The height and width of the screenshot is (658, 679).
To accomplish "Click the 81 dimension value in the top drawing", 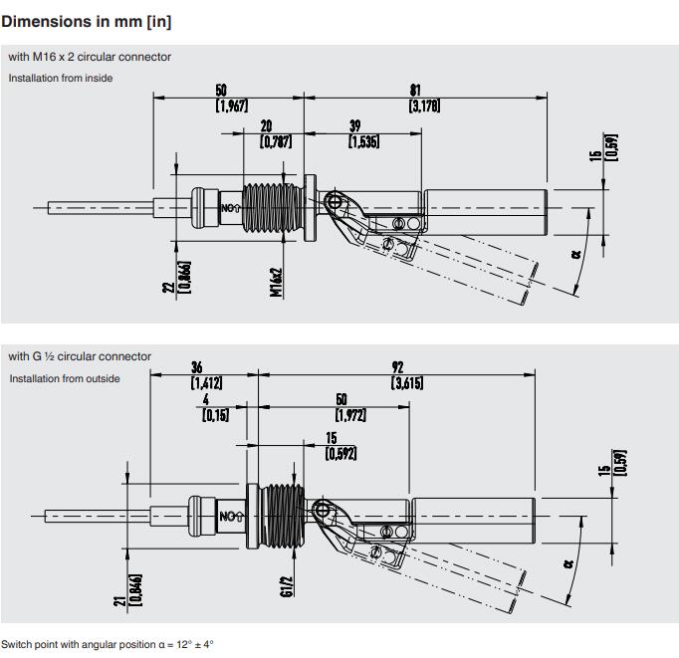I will point(415,91).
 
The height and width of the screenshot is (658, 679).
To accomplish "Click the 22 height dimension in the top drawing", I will point(169,286).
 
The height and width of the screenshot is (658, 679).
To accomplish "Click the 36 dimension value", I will point(196,367).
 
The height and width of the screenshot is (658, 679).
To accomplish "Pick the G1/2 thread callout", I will point(287,585).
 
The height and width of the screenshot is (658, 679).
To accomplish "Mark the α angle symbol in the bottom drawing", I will point(567,562).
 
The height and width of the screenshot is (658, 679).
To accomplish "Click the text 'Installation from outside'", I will point(65,378).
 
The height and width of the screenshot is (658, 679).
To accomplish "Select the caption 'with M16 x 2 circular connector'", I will point(90,57).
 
